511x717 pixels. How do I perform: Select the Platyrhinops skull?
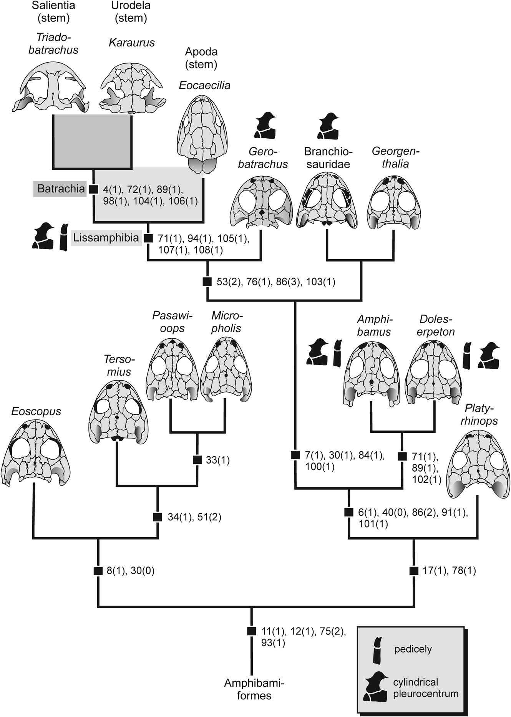478,465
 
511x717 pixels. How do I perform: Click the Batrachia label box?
61,189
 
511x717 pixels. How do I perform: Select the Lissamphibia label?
106,238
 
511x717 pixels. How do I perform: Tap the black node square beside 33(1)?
197,460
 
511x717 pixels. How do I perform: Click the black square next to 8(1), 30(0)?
98,571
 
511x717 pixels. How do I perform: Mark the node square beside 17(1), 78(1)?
414,571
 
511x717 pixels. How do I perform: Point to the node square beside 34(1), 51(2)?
158,517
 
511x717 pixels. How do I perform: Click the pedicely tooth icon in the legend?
377,650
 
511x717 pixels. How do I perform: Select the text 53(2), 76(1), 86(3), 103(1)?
275,282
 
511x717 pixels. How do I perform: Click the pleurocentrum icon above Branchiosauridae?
328,126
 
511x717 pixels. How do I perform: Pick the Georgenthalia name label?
395,157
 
